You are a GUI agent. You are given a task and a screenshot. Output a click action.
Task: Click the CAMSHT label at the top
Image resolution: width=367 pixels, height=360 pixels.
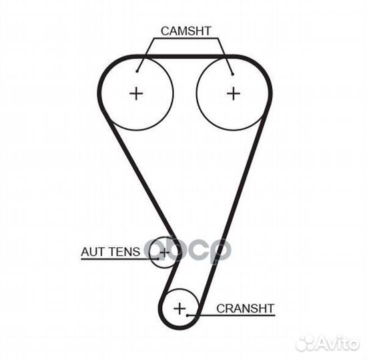pos(186,31)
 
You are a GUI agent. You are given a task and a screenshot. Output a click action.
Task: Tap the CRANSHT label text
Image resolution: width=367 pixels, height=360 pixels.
pos(245,309)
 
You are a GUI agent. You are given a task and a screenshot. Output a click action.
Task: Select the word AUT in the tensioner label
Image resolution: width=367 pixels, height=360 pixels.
pos(93,252)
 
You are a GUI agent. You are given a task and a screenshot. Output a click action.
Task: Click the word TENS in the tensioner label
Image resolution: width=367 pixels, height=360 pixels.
pos(125,252)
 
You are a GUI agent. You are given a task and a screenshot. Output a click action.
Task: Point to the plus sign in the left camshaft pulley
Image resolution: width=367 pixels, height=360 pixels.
pos(136,93)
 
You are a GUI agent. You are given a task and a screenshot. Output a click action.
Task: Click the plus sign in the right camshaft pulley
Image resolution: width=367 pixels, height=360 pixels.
pos(234,93)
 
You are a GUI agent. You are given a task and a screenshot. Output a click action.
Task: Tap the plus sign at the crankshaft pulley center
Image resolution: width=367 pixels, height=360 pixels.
pos(179,308)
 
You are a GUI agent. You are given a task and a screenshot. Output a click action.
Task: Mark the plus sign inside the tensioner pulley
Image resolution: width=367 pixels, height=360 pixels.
pos(164,252)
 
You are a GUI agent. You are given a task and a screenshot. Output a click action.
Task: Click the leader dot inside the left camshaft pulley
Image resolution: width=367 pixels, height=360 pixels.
pos(137,71)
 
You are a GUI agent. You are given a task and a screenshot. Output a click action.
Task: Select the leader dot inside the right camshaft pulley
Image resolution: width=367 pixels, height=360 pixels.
pos(232,75)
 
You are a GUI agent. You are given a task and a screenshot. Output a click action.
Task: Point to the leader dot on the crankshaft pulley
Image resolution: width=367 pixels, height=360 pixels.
pos(188,315)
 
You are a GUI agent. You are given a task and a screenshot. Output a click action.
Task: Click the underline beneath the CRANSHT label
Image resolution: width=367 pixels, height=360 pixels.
pos(232,315)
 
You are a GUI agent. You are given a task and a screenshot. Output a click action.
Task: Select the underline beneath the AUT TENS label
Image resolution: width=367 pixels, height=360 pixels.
pos(120,259)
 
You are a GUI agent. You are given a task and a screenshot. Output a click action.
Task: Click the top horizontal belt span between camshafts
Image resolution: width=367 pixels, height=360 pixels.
pos(185,57)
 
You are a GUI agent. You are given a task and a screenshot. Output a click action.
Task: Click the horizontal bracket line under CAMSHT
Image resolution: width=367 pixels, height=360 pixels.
pos(186,38)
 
